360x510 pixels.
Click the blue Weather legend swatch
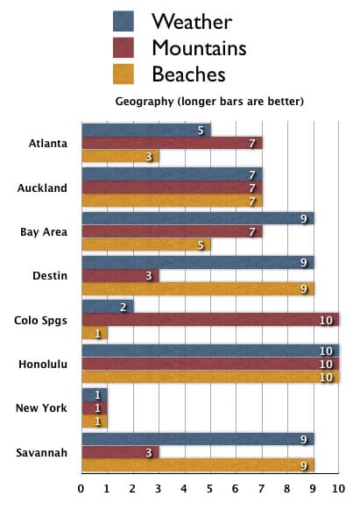click(124, 21)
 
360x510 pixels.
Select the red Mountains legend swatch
click(124, 47)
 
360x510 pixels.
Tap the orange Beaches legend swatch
click(124, 74)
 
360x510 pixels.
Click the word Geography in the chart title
click(145, 102)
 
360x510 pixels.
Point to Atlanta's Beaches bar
click(119, 157)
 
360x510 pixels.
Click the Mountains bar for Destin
click(119, 275)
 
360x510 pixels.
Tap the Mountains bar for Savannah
click(119, 452)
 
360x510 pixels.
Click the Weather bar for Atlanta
click(145, 131)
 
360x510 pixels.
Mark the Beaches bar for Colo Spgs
click(94, 333)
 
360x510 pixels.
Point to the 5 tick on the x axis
click(210, 488)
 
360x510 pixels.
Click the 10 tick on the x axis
click(338, 488)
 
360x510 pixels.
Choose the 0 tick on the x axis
click(81, 488)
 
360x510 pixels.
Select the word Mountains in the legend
click(199, 47)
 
